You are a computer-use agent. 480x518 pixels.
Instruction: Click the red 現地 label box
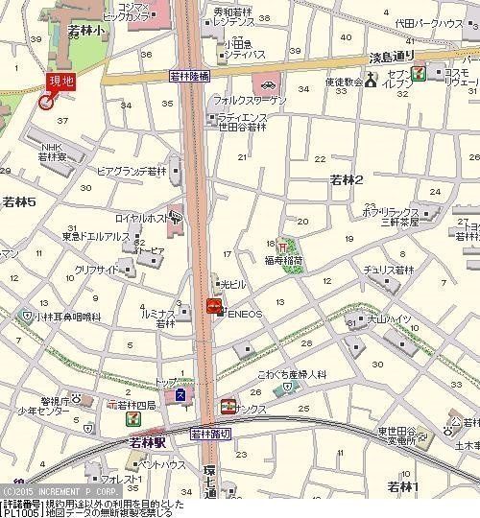pos(60,82)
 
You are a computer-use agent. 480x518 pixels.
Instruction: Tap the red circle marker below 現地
pos(46,102)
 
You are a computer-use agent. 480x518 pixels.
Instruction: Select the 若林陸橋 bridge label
pos(188,75)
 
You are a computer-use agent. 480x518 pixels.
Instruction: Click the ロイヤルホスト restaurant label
pos(138,216)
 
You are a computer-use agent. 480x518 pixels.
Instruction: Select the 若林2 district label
pos(347,179)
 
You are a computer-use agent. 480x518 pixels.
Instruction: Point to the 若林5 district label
pos(19,202)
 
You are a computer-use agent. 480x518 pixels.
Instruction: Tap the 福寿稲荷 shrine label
pos(285,259)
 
